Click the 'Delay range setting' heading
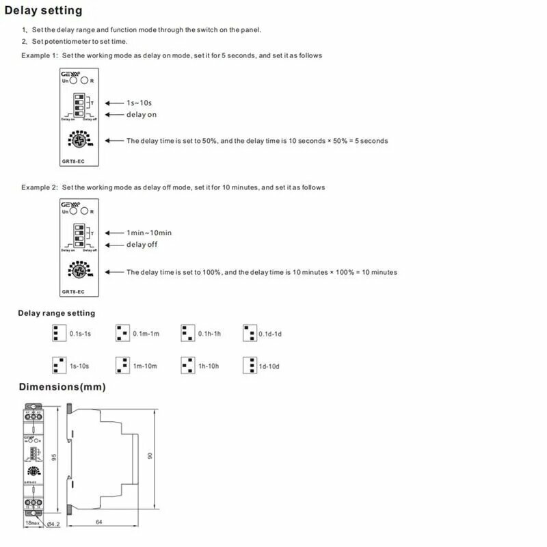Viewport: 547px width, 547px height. (56, 313)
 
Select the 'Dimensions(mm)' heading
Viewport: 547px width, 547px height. (62, 387)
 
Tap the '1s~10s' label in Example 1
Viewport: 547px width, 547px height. (139, 103)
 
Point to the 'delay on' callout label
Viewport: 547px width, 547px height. (142, 114)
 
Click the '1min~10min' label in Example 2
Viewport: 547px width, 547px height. (149, 233)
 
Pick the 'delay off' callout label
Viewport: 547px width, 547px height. (142, 244)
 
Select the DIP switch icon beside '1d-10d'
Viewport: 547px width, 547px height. (250, 365)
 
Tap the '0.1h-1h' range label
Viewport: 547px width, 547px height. (209, 334)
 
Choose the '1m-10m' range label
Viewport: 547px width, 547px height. (145, 366)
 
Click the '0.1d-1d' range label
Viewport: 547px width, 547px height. (270, 334)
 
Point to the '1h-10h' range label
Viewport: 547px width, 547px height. (209, 366)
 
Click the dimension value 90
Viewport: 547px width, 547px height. (150, 456)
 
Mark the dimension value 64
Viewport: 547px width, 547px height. (99, 523)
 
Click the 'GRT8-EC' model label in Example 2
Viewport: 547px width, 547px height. (73, 292)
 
